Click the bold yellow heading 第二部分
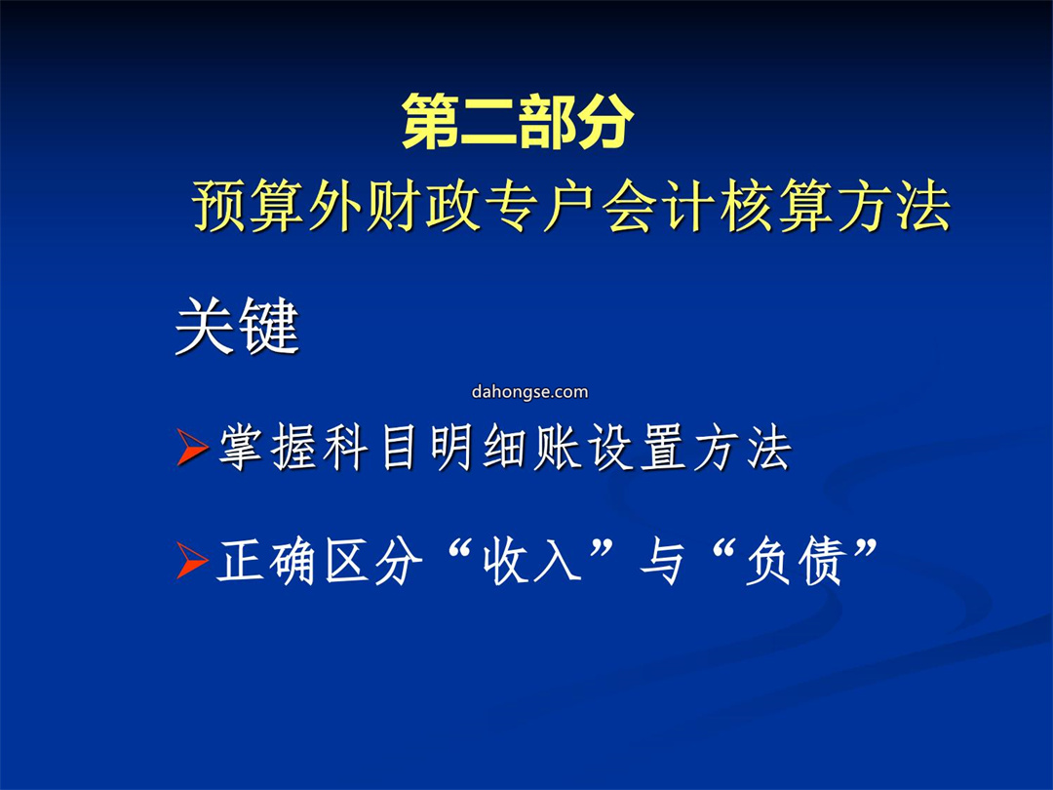coord(518,121)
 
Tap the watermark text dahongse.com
coord(529,392)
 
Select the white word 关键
coord(237,326)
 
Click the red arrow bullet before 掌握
coord(193,447)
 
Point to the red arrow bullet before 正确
coord(193,560)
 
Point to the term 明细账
coord(505,448)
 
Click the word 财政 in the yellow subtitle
coord(423,206)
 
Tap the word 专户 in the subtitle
coord(539,206)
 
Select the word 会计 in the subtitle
coord(655,206)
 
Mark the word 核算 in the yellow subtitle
coord(773,206)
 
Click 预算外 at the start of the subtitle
coord(278,206)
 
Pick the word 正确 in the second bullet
coord(266,562)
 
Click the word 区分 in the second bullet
coord(373,562)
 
